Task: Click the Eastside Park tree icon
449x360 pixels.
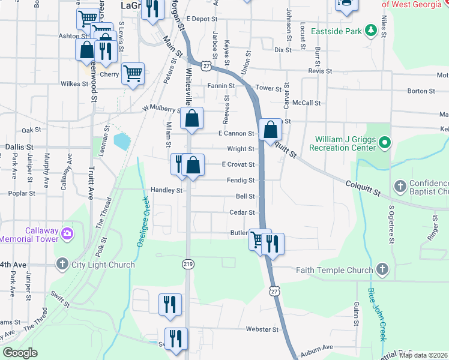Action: (371, 29)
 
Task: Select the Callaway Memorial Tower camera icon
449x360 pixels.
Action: (67, 233)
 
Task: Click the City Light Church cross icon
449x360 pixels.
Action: (62, 263)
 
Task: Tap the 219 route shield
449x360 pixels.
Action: (188, 264)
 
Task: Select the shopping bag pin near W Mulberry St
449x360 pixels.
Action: (193, 119)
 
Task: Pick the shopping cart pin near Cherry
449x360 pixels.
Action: (133, 74)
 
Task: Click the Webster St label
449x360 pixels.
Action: (262, 329)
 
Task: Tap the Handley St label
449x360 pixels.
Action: (166, 191)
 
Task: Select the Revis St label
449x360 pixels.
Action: (320, 71)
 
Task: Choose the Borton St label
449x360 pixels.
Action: (421, 91)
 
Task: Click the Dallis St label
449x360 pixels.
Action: (19, 146)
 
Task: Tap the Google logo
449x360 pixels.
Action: (20, 353)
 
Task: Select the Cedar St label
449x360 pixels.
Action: (243, 212)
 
